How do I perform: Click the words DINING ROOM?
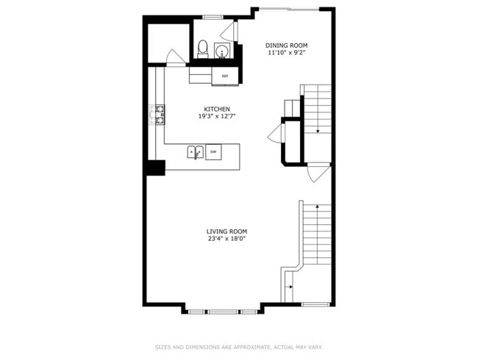287,45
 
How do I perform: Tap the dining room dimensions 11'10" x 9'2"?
287,53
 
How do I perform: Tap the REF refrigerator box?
225,76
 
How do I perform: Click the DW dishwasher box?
213,152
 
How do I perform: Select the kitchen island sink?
195,152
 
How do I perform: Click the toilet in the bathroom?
203,48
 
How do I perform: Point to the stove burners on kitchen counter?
158,115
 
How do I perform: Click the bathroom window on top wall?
213,16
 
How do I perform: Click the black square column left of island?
154,167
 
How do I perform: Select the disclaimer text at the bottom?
238,347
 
